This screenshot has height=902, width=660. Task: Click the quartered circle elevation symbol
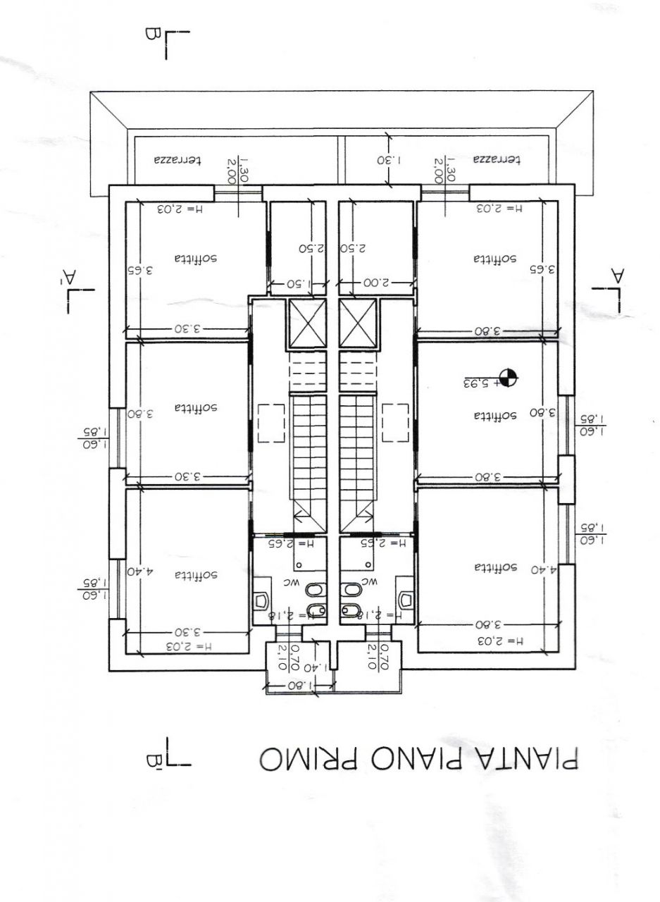(507, 378)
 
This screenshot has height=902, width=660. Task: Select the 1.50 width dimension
(298, 283)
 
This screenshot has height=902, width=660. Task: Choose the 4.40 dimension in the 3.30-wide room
(141, 572)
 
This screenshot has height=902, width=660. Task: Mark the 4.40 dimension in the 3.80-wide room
(543, 569)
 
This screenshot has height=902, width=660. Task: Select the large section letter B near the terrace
(149, 33)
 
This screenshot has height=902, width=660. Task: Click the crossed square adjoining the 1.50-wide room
(308, 323)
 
